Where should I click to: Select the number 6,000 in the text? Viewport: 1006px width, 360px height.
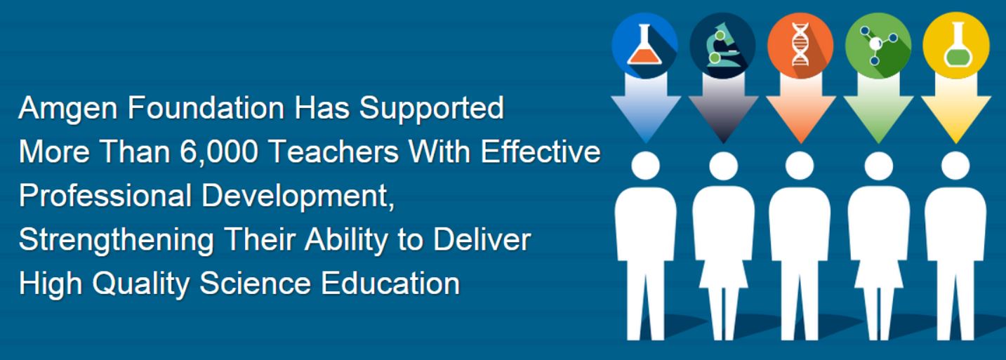pyautogui.click(x=219, y=152)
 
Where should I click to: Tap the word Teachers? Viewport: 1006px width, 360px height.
pyautogui.click(x=335, y=152)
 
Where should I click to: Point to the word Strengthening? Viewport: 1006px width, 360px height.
pyautogui.click(x=117, y=241)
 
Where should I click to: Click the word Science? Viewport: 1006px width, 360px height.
pyautogui.click(x=255, y=284)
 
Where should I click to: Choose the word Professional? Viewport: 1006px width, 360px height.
pyautogui.click(x=105, y=196)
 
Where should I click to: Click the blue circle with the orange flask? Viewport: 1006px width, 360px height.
pyautogui.click(x=645, y=45)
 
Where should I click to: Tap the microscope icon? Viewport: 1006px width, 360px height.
pyautogui.click(x=722, y=45)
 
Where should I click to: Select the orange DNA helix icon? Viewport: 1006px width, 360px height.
pyautogui.click(x=800, y=45)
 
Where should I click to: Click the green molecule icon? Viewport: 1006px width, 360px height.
pyautogui.click(x=878, y=45)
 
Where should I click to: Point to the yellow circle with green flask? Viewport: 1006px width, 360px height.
pyautogui.click(x=956, y=45)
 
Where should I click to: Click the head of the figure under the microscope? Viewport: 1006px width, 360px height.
pyautogui.click(x=724, y=166)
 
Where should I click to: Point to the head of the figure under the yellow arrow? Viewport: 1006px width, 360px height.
pyautogui.click(x=955, y=166)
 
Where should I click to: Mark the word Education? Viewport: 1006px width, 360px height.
pyautogui.click(x=390, y=284)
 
